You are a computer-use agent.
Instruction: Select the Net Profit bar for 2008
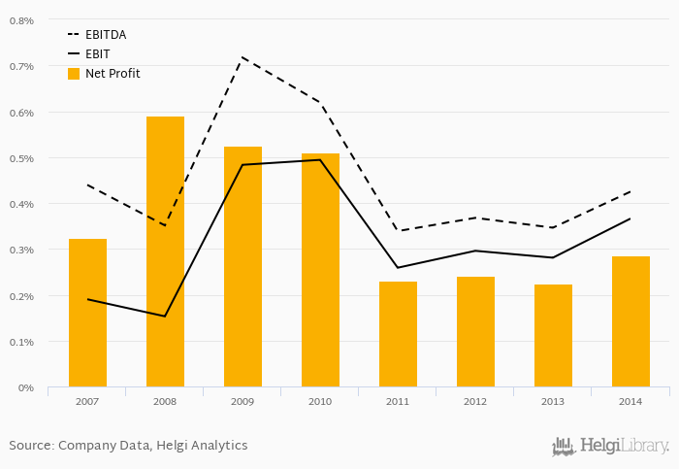165,251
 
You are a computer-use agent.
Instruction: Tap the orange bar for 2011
398,334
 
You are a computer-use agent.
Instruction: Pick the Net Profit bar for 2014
630,321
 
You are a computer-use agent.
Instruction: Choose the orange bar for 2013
553,336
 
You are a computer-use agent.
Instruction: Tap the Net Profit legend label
112,74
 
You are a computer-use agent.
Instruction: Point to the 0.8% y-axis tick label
20,20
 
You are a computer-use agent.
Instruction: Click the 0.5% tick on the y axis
20,158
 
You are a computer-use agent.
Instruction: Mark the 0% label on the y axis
25,387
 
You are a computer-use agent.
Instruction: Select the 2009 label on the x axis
242,401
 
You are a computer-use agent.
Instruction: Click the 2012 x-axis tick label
475,401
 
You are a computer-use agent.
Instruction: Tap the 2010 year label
320,401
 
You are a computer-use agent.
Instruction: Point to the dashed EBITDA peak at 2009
242,57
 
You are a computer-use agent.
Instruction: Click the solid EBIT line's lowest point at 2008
165,316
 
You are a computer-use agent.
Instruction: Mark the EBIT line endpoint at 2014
630,218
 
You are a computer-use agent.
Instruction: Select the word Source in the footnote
30,445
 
